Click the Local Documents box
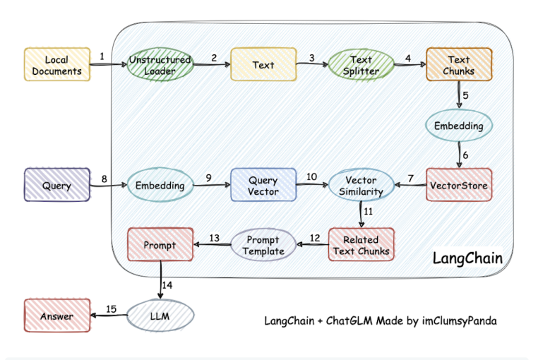pyautogui.click(x=57, y=64)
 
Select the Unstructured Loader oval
pyautogui.click(x=160, y=64)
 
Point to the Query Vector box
pyautogui.click(x=263, y=186)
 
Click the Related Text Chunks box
pyautogui.click(x=361, y=244)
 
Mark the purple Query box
pyautogui.click(x=57, y=186)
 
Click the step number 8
pyautogui.click(x=104, y=179)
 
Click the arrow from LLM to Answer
pyautogui.click(x=109, y=316)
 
